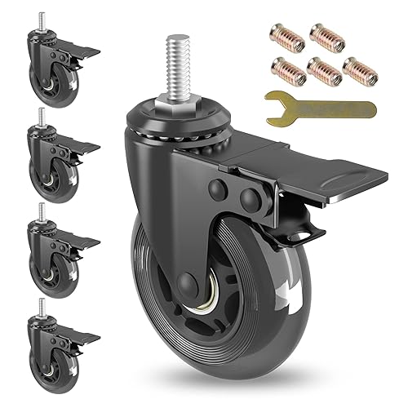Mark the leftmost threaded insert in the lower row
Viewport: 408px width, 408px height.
[x=288, y=69]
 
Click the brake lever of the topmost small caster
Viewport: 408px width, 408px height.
[x=82, y=51]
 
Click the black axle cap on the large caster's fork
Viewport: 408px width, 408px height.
[x=187, y=286]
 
